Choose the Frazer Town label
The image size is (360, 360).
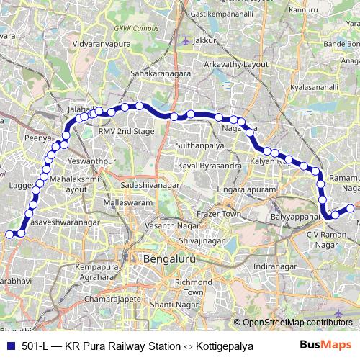pyautogui.click(x=220, y=214)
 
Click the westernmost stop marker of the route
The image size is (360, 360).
pyautogui.click(x=10, y=233)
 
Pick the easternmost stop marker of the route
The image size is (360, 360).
pyautogui.click(x=351, y=209)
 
